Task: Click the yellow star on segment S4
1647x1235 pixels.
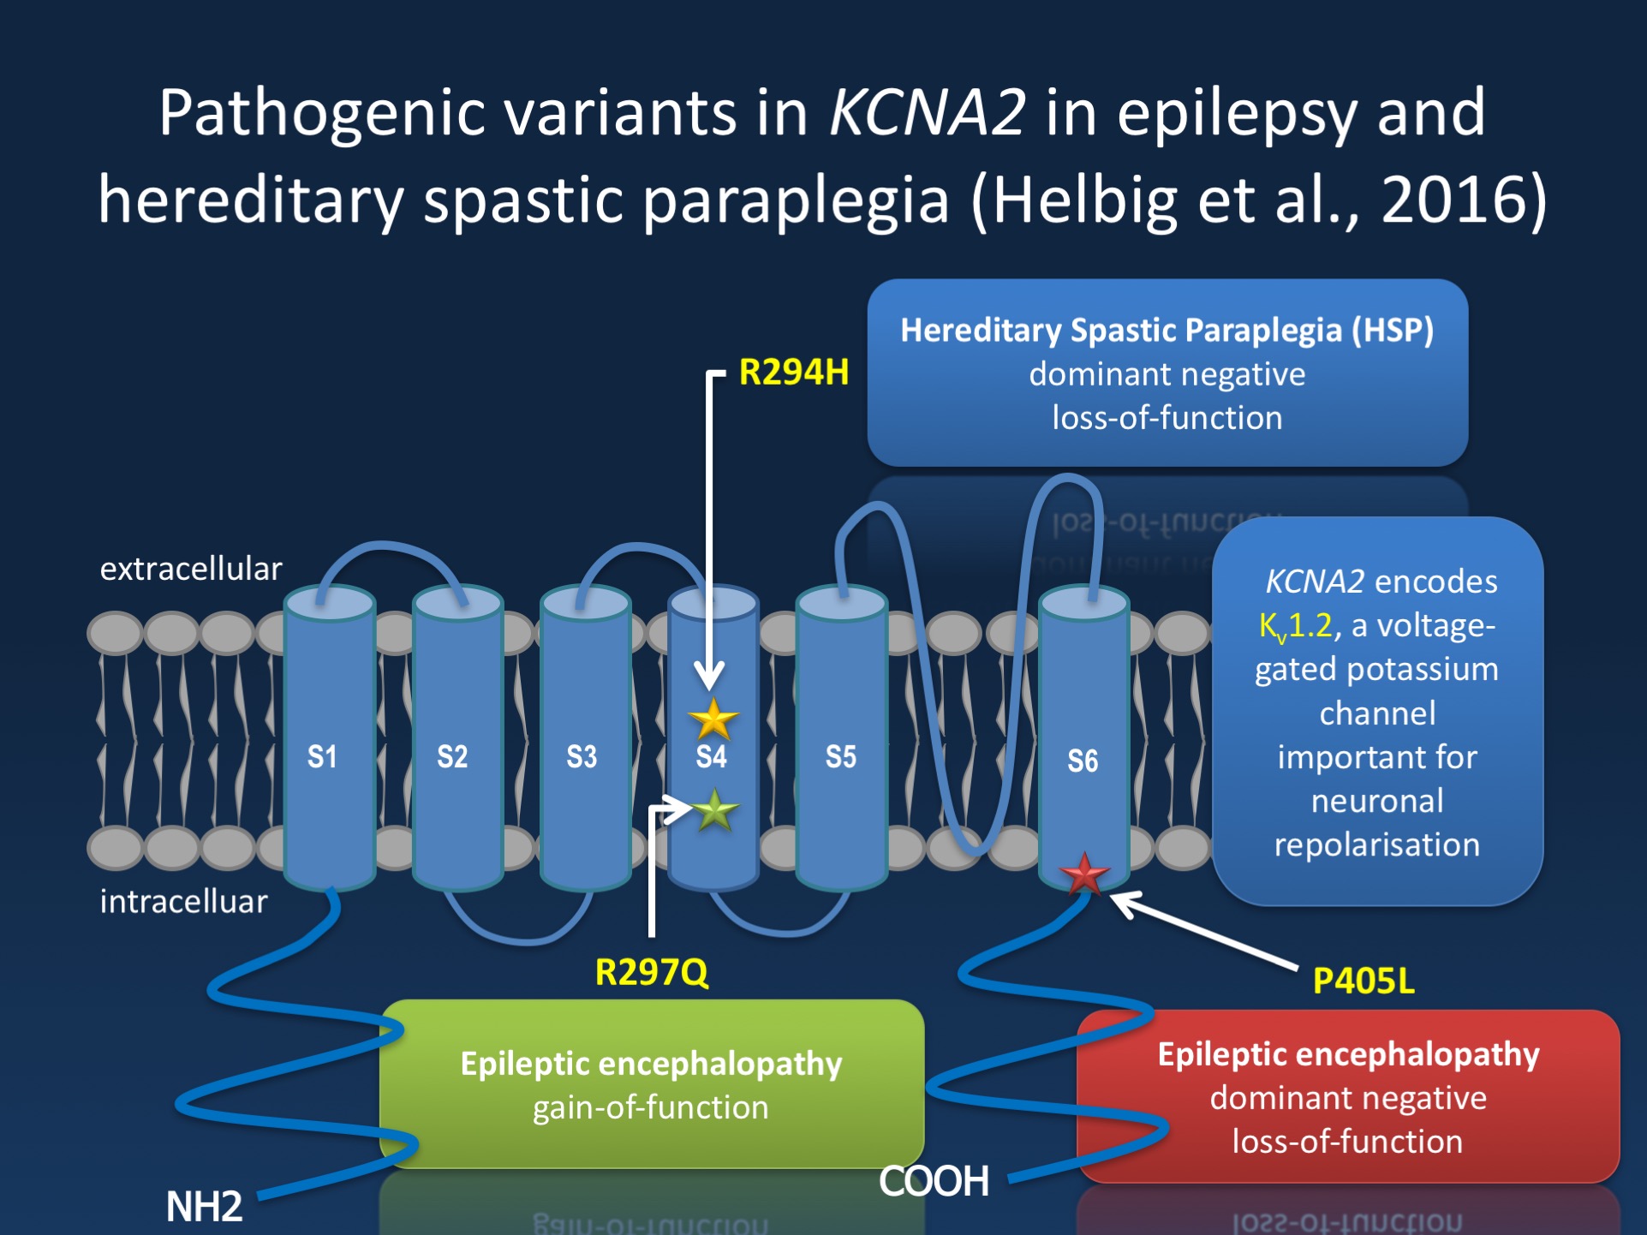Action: point(713,719)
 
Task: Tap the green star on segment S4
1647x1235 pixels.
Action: point(714,810)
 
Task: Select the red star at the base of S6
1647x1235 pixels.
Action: point(1084,874)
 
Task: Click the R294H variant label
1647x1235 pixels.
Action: point(793,373)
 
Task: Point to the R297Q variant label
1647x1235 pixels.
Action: point(652,972)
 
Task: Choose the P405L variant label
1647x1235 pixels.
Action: point(1364,981)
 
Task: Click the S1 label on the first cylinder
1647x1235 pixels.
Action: point(322,756)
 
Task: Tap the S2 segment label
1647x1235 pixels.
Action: point(452,756)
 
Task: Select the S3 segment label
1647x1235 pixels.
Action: point(582,756)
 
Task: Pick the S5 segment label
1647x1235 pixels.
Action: point(840,756)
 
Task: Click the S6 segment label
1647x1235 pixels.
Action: point(1083,761)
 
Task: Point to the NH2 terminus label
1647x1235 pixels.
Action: point(204,1206)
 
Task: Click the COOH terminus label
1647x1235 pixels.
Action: point(934,1181)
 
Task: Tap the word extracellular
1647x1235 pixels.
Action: point(191,569)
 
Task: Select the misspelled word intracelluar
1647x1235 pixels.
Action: point(183,901)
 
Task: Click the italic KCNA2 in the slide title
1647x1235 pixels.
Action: point(928,112)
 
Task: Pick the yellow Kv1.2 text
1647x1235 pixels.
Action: point(1295,626)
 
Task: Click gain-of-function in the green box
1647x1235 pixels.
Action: point(651,1107)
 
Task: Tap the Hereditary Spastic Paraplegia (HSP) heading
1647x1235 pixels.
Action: point(1167,331)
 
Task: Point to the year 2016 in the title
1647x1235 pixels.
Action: point(1453,200)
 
